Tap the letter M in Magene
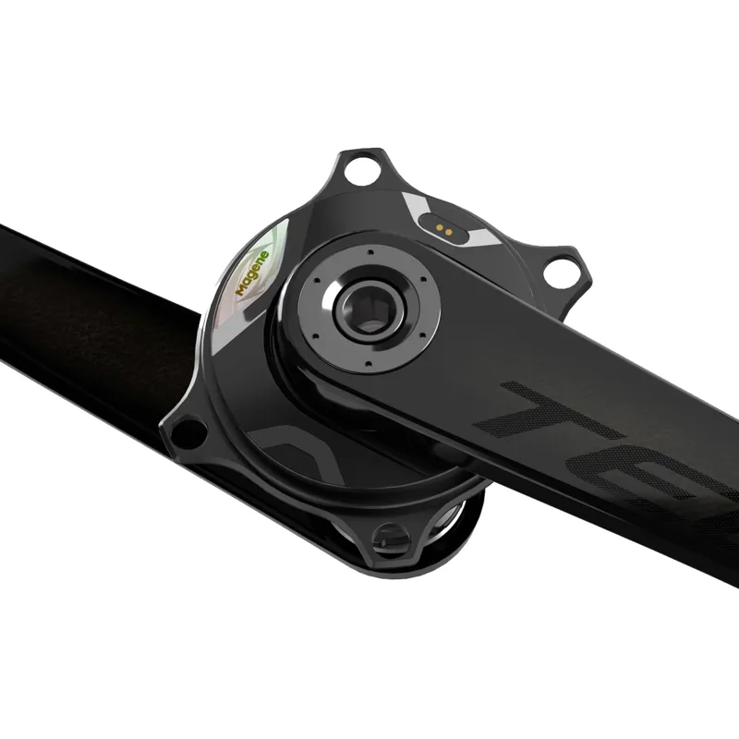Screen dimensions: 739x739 239,288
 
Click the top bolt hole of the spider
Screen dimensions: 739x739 361,170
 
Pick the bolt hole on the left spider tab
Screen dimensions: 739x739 188,431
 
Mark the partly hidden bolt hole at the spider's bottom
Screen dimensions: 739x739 391,537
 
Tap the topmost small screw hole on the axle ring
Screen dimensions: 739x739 369,249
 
